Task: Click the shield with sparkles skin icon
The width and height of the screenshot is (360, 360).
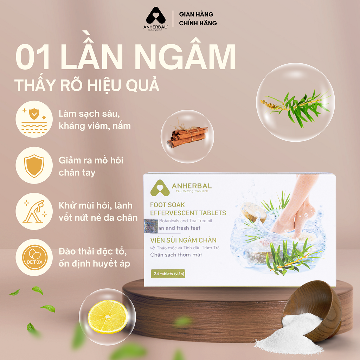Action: (x=34, y=119)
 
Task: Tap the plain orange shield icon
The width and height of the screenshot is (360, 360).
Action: (x=34, y=165)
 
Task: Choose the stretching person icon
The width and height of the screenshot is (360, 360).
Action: (x=34, y=211)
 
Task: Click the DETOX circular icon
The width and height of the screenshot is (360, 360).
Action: (x=34, y=257)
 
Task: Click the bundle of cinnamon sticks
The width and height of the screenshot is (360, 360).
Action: (x=187, y=136)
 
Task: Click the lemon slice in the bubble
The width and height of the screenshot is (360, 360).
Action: (x=107, y=316)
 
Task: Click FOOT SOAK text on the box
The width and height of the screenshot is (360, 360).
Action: (x=167, y=205)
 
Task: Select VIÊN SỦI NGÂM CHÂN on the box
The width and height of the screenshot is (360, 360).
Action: (x=183, y=240)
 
